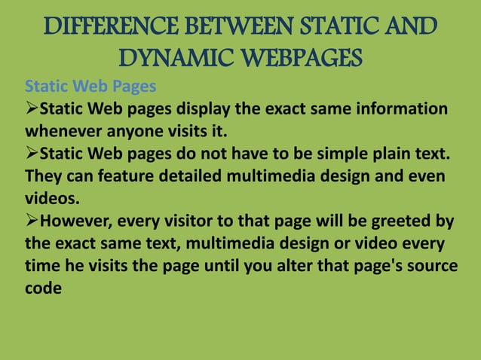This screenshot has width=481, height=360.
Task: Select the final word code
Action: click(43, 289)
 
